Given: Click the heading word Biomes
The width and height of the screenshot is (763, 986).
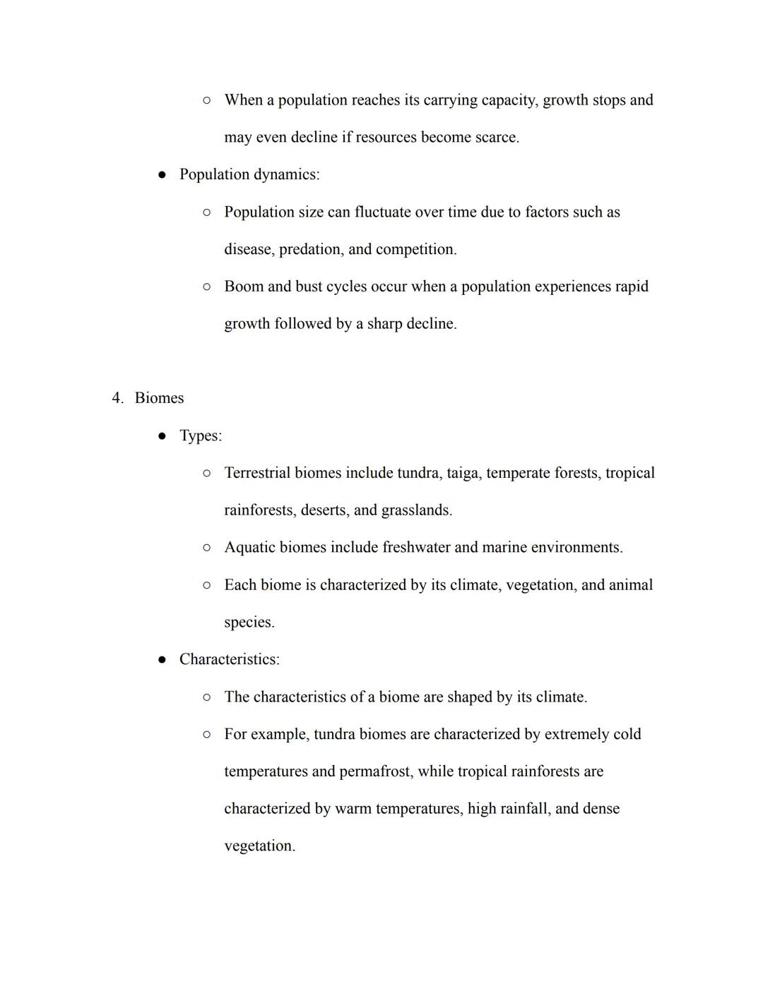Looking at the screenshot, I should tap(159, 398).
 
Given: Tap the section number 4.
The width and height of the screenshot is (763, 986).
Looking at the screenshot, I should tap(117, 398).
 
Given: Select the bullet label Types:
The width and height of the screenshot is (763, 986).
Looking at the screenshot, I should tap(201, 435).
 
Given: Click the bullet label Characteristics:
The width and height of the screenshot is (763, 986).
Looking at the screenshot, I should tap(229, 659).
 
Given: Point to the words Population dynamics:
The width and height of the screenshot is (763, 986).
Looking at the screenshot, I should tap(249, 174).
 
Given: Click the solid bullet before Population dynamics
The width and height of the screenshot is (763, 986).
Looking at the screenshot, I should tap(162, 175).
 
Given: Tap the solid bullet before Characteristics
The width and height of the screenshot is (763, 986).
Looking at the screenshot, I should tap(162, 660).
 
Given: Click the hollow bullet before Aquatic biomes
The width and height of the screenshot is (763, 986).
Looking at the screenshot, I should tap(206, 548).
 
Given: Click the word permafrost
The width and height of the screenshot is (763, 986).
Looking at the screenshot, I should tap(374, 771).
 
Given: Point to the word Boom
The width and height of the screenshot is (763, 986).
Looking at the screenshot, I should tap(243, 287).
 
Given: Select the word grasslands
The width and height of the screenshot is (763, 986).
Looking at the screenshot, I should tap(416, 510).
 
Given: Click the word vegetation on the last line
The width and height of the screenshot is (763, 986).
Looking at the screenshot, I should tap(259, 846).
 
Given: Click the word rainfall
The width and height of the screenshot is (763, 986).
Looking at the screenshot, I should tap(524, 808).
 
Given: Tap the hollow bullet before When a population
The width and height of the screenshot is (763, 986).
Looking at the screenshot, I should tap(206, 100).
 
